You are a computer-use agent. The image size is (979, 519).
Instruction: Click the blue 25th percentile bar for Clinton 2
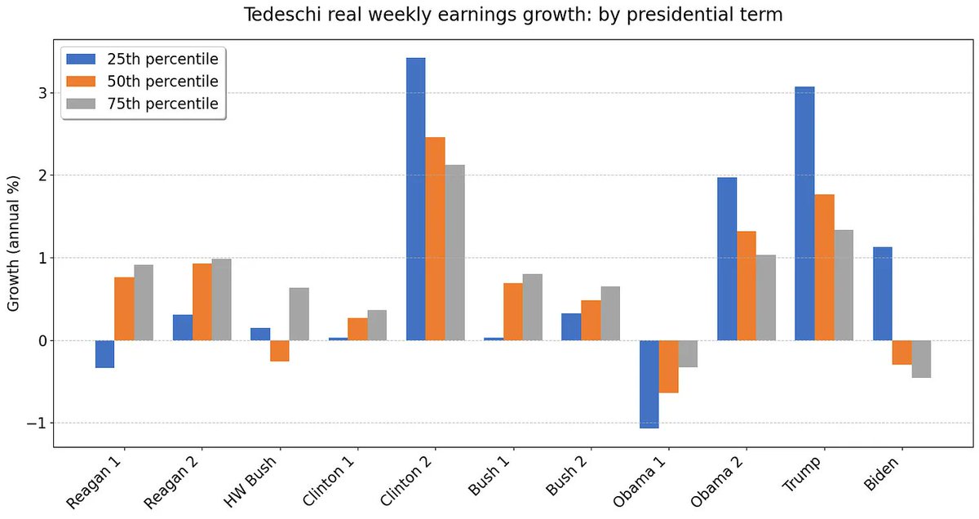[415, 199]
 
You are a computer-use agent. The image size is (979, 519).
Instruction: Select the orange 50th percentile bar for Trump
[824, 268]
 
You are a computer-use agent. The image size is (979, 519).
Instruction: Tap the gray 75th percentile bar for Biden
[921, 359]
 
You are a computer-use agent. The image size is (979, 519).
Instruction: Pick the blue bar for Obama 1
[649, 384]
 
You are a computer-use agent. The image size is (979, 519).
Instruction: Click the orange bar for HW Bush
[279, 350]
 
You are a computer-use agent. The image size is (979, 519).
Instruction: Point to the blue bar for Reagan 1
[104, 354]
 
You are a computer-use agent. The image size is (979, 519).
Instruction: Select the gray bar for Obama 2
[765, 298]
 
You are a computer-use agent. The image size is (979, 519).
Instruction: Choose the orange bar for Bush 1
[512, 312]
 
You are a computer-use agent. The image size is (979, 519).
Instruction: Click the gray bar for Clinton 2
[454, 253]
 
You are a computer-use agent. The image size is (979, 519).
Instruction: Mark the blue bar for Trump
[804, 214]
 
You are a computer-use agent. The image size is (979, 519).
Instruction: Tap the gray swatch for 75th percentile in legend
[82, 104]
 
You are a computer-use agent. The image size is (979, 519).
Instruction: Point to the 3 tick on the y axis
[42, 93]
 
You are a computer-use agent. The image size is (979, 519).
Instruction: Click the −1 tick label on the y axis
[38, 423]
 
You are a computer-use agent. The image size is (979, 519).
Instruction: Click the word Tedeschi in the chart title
[279, 16]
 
